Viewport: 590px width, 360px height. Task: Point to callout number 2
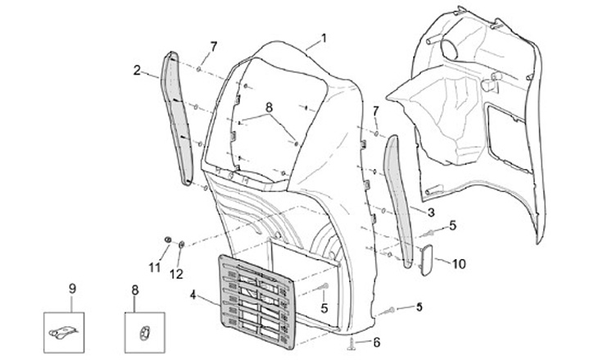pos(137,71)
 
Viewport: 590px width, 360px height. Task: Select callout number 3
pos(430,211)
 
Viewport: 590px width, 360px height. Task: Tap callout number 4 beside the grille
pos(192,294)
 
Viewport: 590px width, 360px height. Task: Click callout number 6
pos(377,341)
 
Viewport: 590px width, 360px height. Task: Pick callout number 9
pos(72,289)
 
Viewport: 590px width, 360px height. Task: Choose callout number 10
pos(459,263)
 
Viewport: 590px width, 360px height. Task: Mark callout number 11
pos(152,267)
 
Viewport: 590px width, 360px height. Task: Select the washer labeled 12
pos(181,244)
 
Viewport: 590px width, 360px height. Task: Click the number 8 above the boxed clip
pos(136,289)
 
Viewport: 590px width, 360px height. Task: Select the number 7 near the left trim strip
pos(213,46)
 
